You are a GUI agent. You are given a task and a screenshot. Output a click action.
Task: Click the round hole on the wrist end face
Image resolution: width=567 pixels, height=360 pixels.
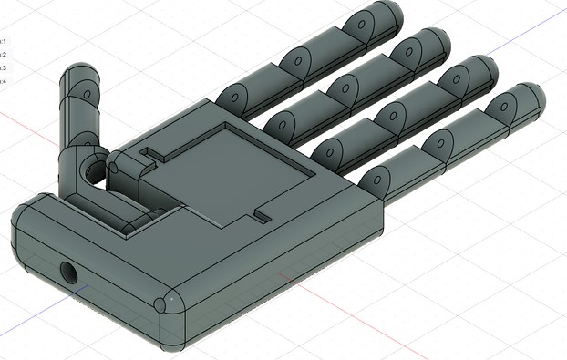[x=68, y=271]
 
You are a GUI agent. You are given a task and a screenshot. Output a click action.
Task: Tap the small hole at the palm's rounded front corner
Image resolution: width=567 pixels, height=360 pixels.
[x=160, y=304]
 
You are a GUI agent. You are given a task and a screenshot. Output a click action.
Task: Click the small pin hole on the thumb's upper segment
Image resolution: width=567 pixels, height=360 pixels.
[x=88, y=94]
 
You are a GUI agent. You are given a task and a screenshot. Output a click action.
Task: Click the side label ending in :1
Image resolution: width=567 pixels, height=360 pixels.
[x=4, y=41]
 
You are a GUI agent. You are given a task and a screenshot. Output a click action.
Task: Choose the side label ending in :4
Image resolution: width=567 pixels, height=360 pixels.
[x=4, y=81]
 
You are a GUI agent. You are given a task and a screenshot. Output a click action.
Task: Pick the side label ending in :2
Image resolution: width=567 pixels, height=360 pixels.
[x=4, y=55]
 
